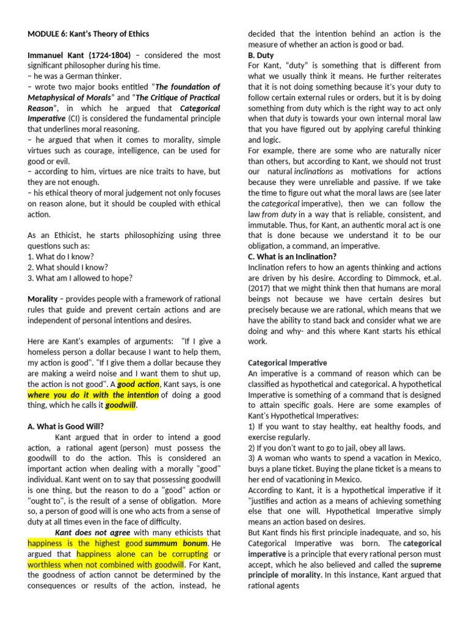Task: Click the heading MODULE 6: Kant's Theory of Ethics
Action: coord(88,34)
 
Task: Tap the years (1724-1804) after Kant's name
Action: coord(108,55)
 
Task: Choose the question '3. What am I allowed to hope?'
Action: coord(80,278)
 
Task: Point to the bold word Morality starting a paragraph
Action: coord(43,299)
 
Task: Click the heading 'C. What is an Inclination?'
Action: coord(292,256)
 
